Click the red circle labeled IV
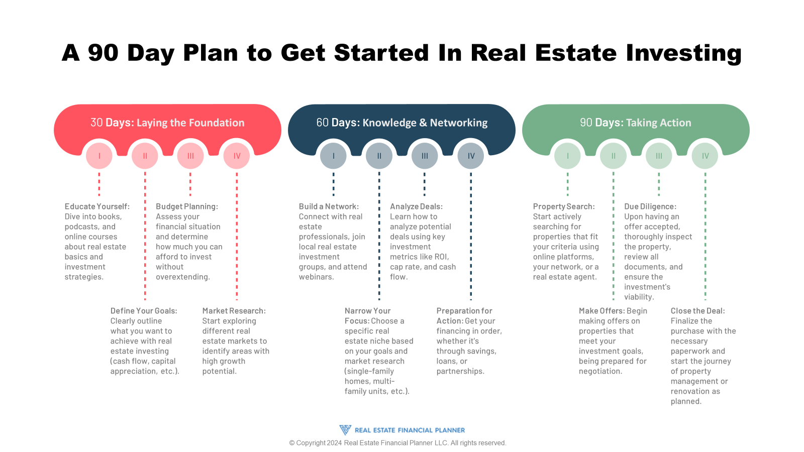click(x=237, y=156)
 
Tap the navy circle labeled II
click(x=379, y=156)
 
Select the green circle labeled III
click(x=659, y=156)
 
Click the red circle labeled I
click(x=99, y=156)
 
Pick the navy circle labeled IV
click(x=471, y=156)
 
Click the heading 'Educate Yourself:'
click(x=97, y=206)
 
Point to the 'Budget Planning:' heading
click(x=187, y=206)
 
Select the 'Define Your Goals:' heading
click(x=144, y=311)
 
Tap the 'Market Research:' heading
click(x=234, y=311)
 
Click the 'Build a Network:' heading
click(x=329, y=206)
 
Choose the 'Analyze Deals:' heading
click(x=416, y=206)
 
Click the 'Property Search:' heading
click(x=564, y=206)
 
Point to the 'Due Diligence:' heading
click(x=650, y=206)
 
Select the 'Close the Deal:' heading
click(x=698, y=311)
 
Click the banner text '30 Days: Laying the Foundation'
click(x=167, y=123)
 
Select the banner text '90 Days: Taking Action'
click(x=636, y=123)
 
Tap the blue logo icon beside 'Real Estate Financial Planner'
click(x=345, y=430)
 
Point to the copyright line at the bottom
click(x=397, y=443)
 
